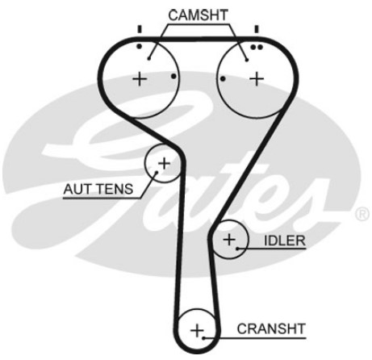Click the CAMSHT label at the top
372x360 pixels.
pyautogui.click(x=198, y=15)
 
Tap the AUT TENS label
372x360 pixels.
pyautogui.click(x=98, y=189)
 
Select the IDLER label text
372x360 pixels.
pyautogui.click(x=285, y=241)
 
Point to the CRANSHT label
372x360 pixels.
pyautogui.click(x=271, y=329)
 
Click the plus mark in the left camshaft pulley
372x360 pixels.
pyautogui.click(x=140, y=79)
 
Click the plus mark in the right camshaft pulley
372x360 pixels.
pyautogui.click(x=257, y=79)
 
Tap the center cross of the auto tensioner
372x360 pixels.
pyautogui.click(x=164, y=163)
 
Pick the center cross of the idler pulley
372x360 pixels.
pyautogui.click(x=229, y=239)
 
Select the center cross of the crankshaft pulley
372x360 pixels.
pyautogui.click(x=197, y=330)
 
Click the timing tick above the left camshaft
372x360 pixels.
pyautogui.click(x=140, y=29)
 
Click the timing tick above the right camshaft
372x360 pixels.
pyautogui.click(x=257, y=29)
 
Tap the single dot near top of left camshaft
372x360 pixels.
pyautogui.click(x=139, y=47)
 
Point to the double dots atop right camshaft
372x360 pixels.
pyautogui.click(x=257, y=48)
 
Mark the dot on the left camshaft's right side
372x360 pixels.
pyautogui.click(x=173, y=77)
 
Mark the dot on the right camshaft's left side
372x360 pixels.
pyautogui.click(x=223, y=78)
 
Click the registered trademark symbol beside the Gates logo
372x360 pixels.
pyautogui.click(x=362, y=214)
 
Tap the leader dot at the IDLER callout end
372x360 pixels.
pyautogui.click(x=238, y=249)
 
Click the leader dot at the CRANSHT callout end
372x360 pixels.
pyautogui.click(x=204, y=337)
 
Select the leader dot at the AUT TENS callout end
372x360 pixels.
pyautogui.click(x=157, y=172)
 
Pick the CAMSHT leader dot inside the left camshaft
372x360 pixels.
pyautogui.click(x=149, y=58)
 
